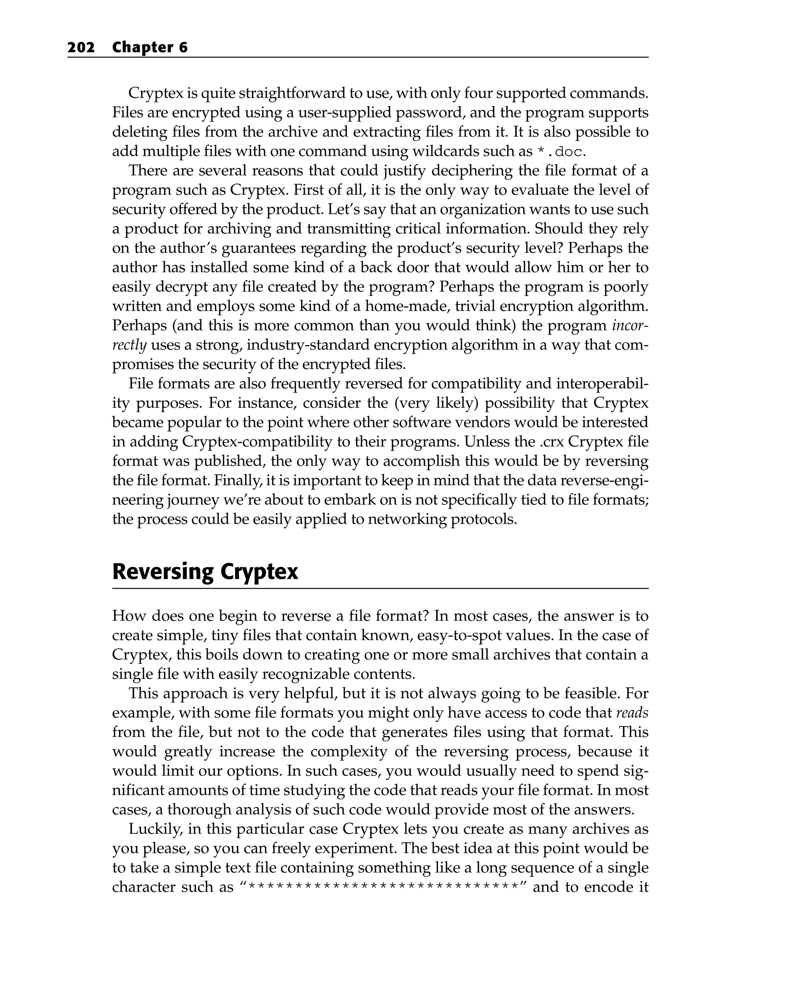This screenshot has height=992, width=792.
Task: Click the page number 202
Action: click(81, 48)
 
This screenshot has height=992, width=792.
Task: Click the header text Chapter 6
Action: click(150, 48)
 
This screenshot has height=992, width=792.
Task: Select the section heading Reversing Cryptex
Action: click(205, 572)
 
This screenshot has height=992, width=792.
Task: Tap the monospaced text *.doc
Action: click(558, 151)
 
